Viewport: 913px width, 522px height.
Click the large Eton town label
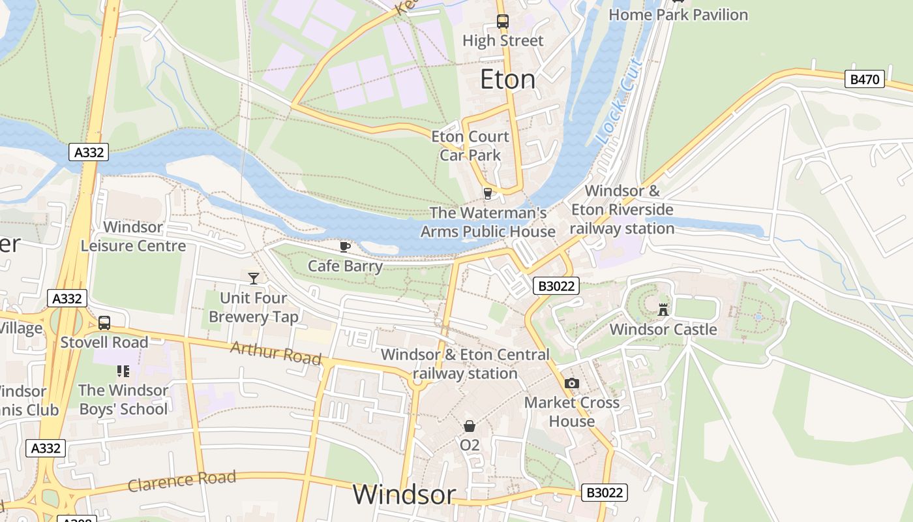click(507, 80)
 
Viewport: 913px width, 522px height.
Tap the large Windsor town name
click(404, 495)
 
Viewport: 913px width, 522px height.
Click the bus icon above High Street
click(502, 21)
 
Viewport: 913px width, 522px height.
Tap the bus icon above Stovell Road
click(104, 323)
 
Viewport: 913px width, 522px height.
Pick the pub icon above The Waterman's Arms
click(487, 193)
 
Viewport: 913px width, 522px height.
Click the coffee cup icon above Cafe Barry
click(345, 247)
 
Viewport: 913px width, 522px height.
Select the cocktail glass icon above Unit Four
click(254, 279)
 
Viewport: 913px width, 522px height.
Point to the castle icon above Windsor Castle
click(663, 310)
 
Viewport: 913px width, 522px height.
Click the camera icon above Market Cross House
click(572, 383)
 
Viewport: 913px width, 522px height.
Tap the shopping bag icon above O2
click(470, 426)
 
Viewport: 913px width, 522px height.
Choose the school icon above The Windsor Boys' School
click(123, 371)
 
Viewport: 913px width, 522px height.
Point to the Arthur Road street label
click(276, 353)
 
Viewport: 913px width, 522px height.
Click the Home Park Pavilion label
click(678, 14)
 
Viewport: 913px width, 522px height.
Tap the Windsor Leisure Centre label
click(133, 236)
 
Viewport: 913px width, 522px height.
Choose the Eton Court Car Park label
click(470, 146)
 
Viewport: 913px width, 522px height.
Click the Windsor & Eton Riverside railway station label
click(622, 210)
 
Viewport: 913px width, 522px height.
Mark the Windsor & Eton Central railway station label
click(465, 364)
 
